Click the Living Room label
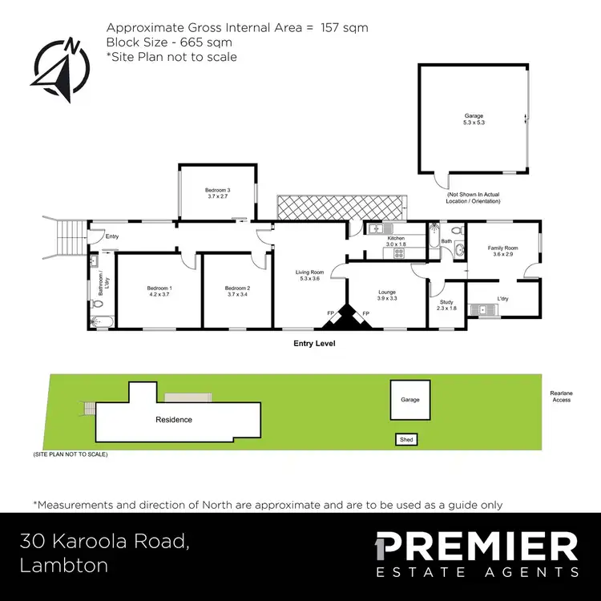tap(309, 276)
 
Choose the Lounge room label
tap(386, 294)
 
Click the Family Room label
tap(503, 252)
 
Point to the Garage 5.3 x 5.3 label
tap(474, 120)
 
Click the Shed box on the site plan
tap(407, 439)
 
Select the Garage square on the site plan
tap(409, 399)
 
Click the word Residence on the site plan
tap(173, 419)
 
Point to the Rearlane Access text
tap(561, 396)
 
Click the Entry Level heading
tap(313, 343)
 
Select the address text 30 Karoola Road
tap(106, 542)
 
